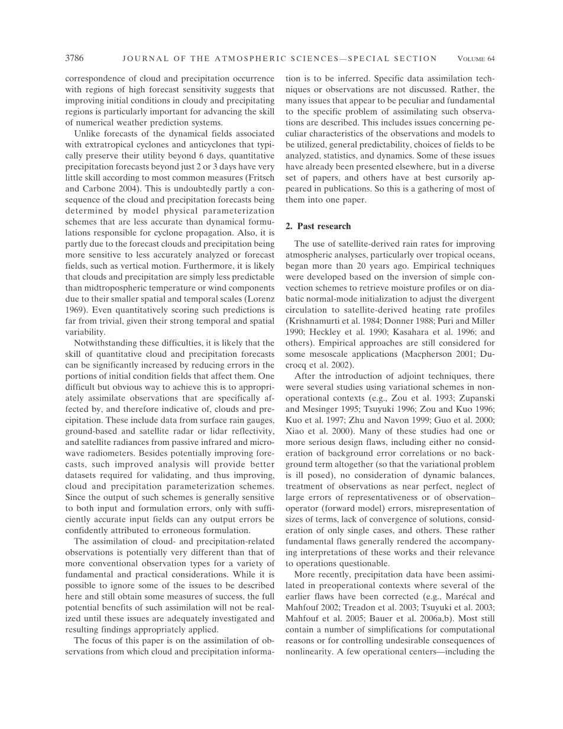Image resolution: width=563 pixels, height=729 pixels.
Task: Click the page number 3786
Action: (74, 59)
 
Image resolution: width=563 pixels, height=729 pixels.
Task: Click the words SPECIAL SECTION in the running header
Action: (392, 59)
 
